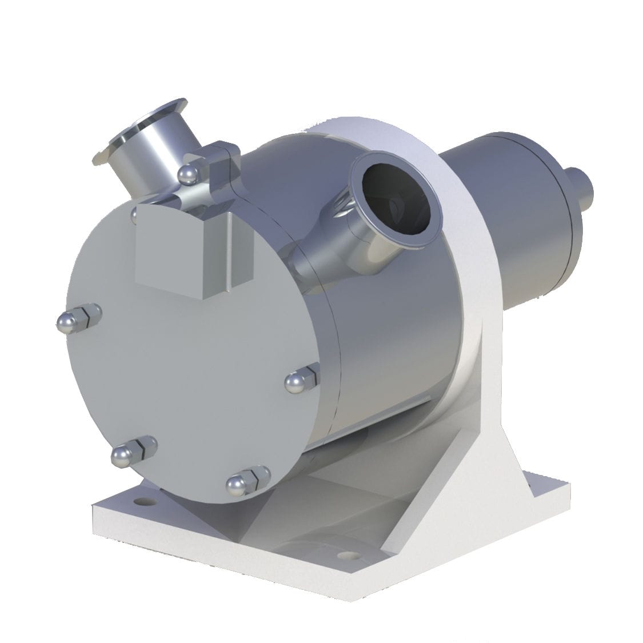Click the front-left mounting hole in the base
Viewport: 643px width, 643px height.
point(140,502)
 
